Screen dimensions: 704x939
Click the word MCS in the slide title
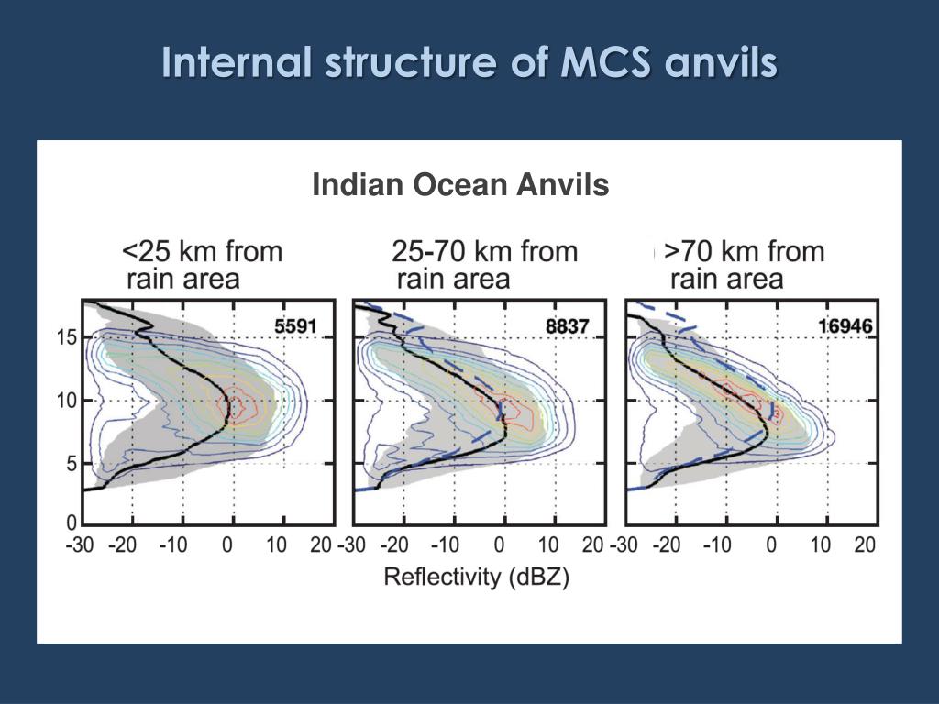(x=602, y=63)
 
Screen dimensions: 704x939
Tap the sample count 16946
(x=845, y=324)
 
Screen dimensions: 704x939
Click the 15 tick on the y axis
(x=66, y=337)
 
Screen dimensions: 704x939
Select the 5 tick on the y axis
(x=71, y=465)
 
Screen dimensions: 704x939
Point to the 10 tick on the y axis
(x=66, y=401)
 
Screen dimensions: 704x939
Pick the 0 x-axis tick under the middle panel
(x=500, y=545)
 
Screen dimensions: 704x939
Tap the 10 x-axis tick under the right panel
(x=820, y=545)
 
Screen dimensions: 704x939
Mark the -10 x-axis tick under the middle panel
(x=446, y=545)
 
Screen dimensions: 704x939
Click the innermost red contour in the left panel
(x=236, y=405)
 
